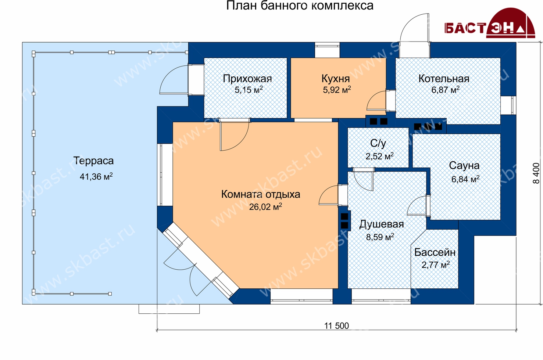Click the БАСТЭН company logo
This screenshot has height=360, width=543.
click(x=490, y=24)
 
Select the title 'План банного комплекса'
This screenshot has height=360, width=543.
click(x=300, y=6)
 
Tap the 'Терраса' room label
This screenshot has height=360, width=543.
click(x=93, y=161)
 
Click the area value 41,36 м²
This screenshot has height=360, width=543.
click(x=96, y=176)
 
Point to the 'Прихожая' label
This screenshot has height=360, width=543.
click(x=247, y=79)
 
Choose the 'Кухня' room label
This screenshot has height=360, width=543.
click(x=336, y=79)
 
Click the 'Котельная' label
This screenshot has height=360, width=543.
click(x=444, y=79)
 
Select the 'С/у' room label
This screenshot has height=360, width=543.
click(x=378, y=143)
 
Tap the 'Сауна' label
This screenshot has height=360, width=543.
click(x=464, y=166)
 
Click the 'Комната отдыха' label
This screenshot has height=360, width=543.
click(x=261, y=194)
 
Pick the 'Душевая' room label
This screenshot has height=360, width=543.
click(x=381, y=224)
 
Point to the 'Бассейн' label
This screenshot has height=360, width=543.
click(x=435, y=252)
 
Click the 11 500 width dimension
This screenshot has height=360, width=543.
click(x=336, y=326)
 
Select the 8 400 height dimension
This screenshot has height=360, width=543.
click(x=536, y=173)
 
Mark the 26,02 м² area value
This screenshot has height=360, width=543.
click(x=265, y=207)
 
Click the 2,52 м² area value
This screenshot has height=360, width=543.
click(x=379, y=156)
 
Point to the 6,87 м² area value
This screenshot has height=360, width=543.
click(x=445, y=90)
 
